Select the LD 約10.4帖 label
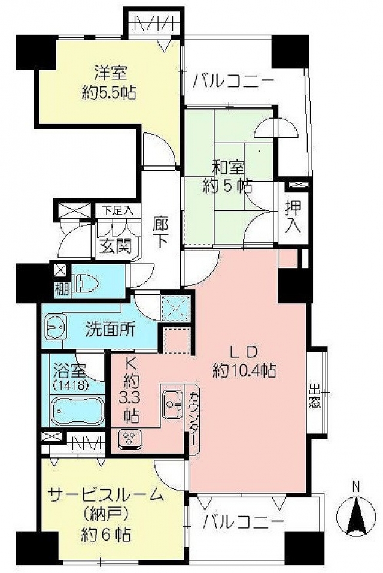[x=244, y=360]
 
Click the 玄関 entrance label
[x=115, y=246]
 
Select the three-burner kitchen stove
[x=131, y=438]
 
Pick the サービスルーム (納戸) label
[x=105, y=513]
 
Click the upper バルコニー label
[x=233, y=80]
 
